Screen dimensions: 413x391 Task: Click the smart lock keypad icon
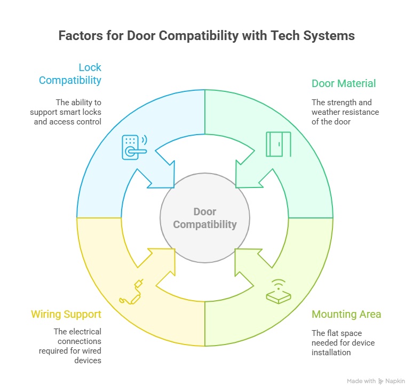(134, 147)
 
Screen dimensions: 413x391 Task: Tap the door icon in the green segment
(279, 144)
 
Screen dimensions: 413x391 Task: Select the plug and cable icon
(131, 292)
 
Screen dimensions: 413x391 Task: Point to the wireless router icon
(279, 292)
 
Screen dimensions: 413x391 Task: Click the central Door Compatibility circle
(205, 218)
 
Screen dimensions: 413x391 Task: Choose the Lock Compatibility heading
(70, 74)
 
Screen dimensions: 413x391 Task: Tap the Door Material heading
(344, 83)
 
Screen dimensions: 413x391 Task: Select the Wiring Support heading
(66, 314)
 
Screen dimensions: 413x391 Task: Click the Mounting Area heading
(346, 314)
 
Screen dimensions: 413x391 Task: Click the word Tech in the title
(285, 36)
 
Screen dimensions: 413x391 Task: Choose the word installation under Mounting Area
(331, 353)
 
